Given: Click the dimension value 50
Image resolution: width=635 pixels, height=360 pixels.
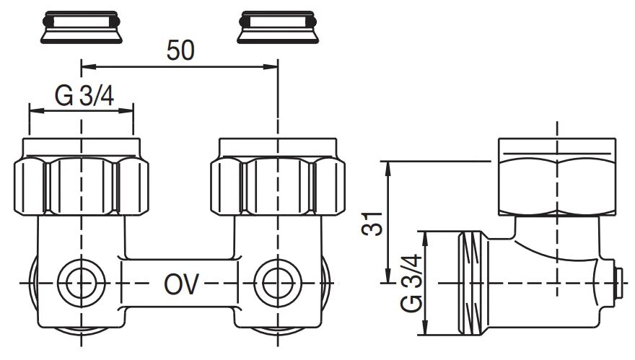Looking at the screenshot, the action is (180, 51).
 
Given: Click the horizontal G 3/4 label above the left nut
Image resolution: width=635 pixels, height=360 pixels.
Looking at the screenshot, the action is (84, 97).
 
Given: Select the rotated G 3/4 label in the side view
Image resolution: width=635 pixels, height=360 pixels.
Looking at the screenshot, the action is (411, 283).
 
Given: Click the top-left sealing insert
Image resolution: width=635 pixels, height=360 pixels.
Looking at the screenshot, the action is (82, 27).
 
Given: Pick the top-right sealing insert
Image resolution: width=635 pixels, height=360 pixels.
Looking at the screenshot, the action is (278, 27).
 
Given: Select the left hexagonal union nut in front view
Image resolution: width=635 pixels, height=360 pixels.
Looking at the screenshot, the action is (82, 177).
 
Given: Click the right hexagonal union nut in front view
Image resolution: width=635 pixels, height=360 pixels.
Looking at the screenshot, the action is (278, 177).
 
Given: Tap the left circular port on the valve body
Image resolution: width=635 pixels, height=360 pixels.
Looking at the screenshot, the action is (82, 283).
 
